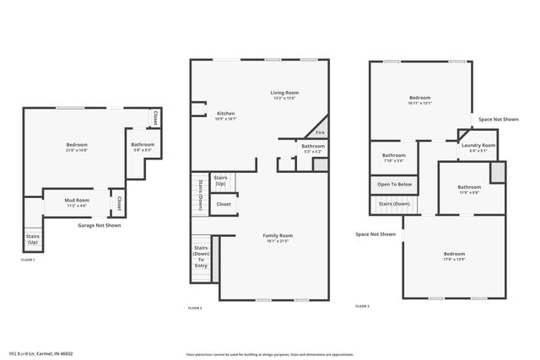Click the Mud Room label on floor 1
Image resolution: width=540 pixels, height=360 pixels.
(77, 200)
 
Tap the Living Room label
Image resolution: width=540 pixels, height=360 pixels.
(284, 93)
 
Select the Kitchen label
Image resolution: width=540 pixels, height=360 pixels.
(226, 113)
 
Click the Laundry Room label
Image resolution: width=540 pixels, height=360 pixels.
(478, 145)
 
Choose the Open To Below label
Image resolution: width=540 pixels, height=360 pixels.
(395, 184)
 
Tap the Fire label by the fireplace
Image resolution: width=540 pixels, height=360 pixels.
(320, 132)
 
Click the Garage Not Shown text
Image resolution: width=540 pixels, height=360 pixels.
(100, 225)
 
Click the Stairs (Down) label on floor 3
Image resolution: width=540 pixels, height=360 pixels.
(394, 203)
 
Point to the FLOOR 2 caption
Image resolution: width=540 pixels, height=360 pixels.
(195, 309)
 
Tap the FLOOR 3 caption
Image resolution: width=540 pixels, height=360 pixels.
(362, 305)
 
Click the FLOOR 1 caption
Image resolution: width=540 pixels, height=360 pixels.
(28, 260)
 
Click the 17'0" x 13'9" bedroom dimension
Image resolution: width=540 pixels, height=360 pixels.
(454, 258)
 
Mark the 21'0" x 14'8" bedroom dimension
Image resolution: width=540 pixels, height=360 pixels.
(77, 150)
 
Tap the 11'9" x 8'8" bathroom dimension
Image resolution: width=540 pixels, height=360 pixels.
(469, 192)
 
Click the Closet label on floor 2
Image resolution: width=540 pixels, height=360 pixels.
(224, 203)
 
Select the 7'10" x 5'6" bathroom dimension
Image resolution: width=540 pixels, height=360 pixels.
(394, 160)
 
